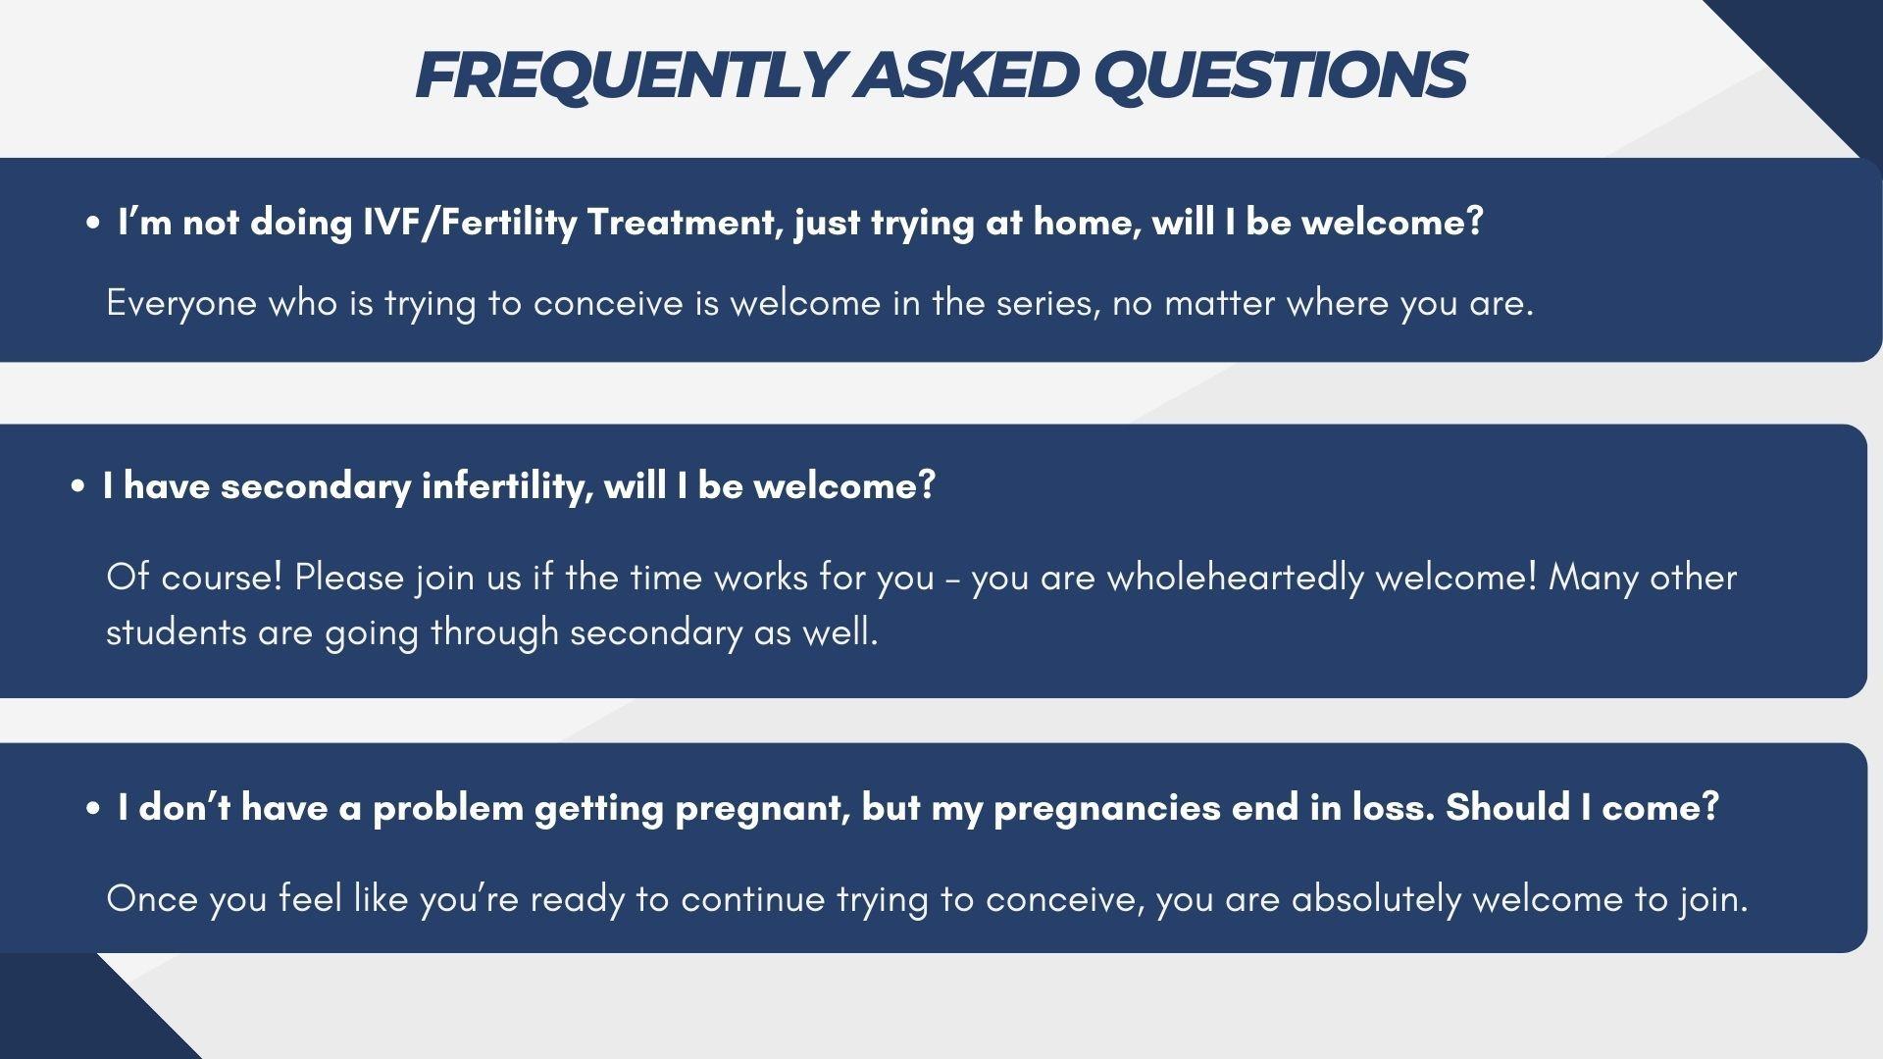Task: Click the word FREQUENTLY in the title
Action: pos(629,75)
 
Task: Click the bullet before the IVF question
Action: pos(92,225)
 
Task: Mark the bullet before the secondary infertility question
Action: pos(77,487)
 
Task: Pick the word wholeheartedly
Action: pos(1236,578)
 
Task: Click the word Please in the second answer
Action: pos(349,577)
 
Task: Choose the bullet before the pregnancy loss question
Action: pos(92,809)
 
